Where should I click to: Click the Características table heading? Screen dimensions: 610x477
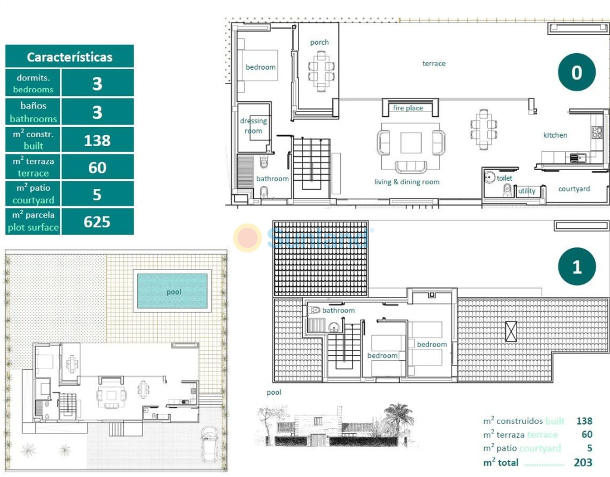[x=70, y=57]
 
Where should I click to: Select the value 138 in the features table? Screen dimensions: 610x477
[x=97, y=140]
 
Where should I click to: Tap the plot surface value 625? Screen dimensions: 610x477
[x=97, y=222]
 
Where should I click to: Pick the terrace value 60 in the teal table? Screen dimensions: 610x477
[x=97, y=168]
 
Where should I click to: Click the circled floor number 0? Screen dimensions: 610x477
[x=577, y=72]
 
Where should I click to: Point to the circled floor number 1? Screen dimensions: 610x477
[x=577, y=267]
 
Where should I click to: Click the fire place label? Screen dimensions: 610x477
[x=407, y=109]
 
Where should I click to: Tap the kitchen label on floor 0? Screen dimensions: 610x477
[x=555, y=135]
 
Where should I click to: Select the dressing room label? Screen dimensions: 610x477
[x=253, y=126]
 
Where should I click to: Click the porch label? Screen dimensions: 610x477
[x=319, y=42]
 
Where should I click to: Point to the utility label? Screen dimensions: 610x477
[x=527, y=191]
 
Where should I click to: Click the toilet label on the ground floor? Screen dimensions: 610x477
[x=505, y=178]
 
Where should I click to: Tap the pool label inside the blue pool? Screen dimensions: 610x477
[x=174, y=292]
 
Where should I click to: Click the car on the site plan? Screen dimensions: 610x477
[x=210, y=444]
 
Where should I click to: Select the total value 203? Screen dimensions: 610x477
[x=583, y=462]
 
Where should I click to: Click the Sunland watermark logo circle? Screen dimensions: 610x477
[x=247, y=237]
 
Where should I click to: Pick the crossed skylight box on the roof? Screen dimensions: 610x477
[x=511, y=332]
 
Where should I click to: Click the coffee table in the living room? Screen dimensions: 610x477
[x=411, y=143]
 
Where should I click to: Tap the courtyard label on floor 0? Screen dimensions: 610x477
[x=574, y=189]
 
